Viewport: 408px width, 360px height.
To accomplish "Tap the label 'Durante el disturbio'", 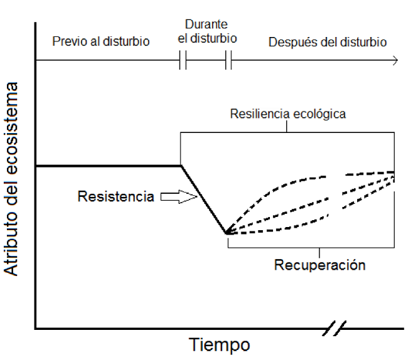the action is tap(207, 31).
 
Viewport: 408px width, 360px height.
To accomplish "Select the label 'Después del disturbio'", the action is tap(327, 42).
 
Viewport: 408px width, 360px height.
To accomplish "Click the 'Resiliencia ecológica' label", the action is tap(288, 114).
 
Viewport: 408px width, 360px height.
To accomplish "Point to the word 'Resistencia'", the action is tap(115, 197).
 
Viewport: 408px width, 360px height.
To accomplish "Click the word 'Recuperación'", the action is tap(319, 265).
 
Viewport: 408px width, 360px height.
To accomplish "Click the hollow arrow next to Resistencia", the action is tap(178, 198).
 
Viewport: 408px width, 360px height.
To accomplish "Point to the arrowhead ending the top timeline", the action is tap(395, 61).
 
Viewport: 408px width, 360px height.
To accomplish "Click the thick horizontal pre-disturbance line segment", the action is tap(107, 166).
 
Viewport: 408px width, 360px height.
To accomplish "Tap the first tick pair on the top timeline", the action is tap(183, 61).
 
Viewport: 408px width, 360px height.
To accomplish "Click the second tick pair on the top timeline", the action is tap(228, 61).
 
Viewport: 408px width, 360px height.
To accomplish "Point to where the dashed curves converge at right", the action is tap(394, 172).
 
